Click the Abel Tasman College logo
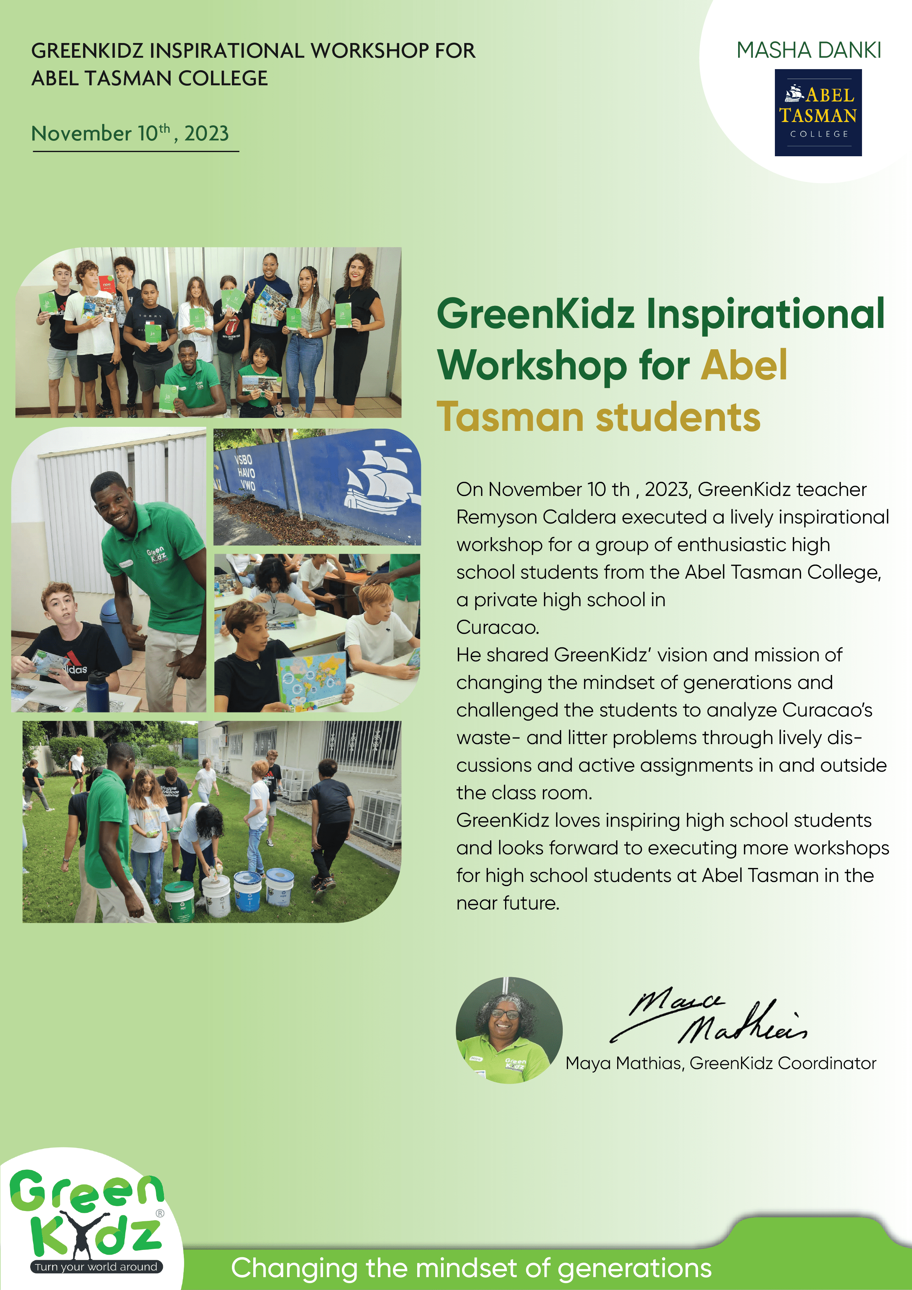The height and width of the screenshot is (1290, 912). [x=818, y=112]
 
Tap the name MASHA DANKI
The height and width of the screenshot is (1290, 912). [x=809, y=50]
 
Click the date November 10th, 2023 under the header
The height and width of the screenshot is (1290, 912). [x=130, y=133]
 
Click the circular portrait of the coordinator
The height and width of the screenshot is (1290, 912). [x=509, y=1030]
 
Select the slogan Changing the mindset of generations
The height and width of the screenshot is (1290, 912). [x=471, y=1268]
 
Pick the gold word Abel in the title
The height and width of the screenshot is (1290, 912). [x=744, y=365]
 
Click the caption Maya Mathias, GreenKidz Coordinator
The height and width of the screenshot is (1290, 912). [x=721, y=1063]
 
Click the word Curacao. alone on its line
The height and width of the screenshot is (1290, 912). [x=497, y=627]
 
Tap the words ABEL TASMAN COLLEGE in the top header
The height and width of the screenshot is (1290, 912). [x=150, y=78]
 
